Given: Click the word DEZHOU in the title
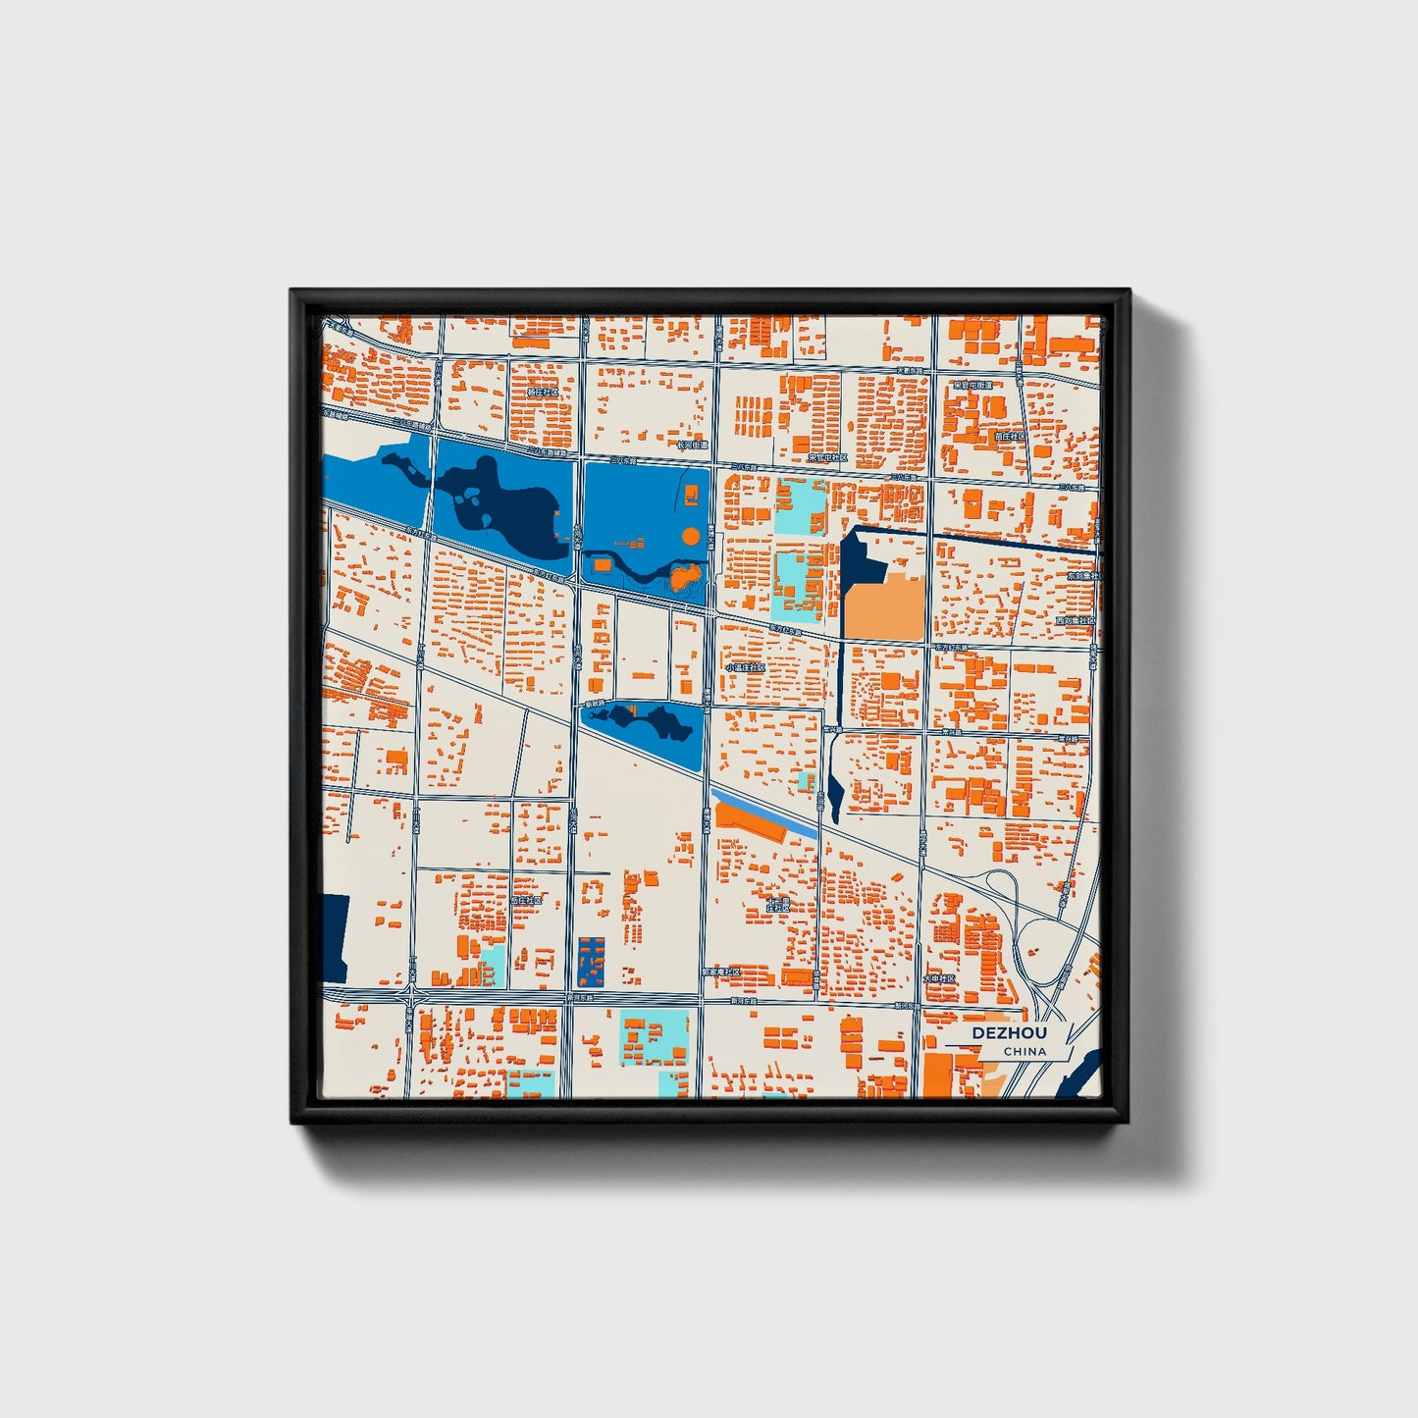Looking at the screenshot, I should click(x=1009, y=1033).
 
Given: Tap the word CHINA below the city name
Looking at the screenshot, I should click(x=1024, y=1052).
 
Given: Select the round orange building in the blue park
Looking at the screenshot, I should click(x=691, y=536).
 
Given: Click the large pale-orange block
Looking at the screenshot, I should click(x=884, y=609).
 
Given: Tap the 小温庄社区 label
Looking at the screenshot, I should click(x=745, y=667).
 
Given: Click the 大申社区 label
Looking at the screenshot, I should click(x=939, y=978).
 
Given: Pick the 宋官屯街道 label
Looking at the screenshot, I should click(x=972, y=386).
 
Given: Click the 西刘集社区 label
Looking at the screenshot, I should click(x=1075, y=621).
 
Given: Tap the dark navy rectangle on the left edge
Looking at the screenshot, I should click(x=335, y=938).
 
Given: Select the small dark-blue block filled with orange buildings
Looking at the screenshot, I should click(x=592, y=962).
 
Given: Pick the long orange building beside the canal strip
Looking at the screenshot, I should click(x=751, y=822).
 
